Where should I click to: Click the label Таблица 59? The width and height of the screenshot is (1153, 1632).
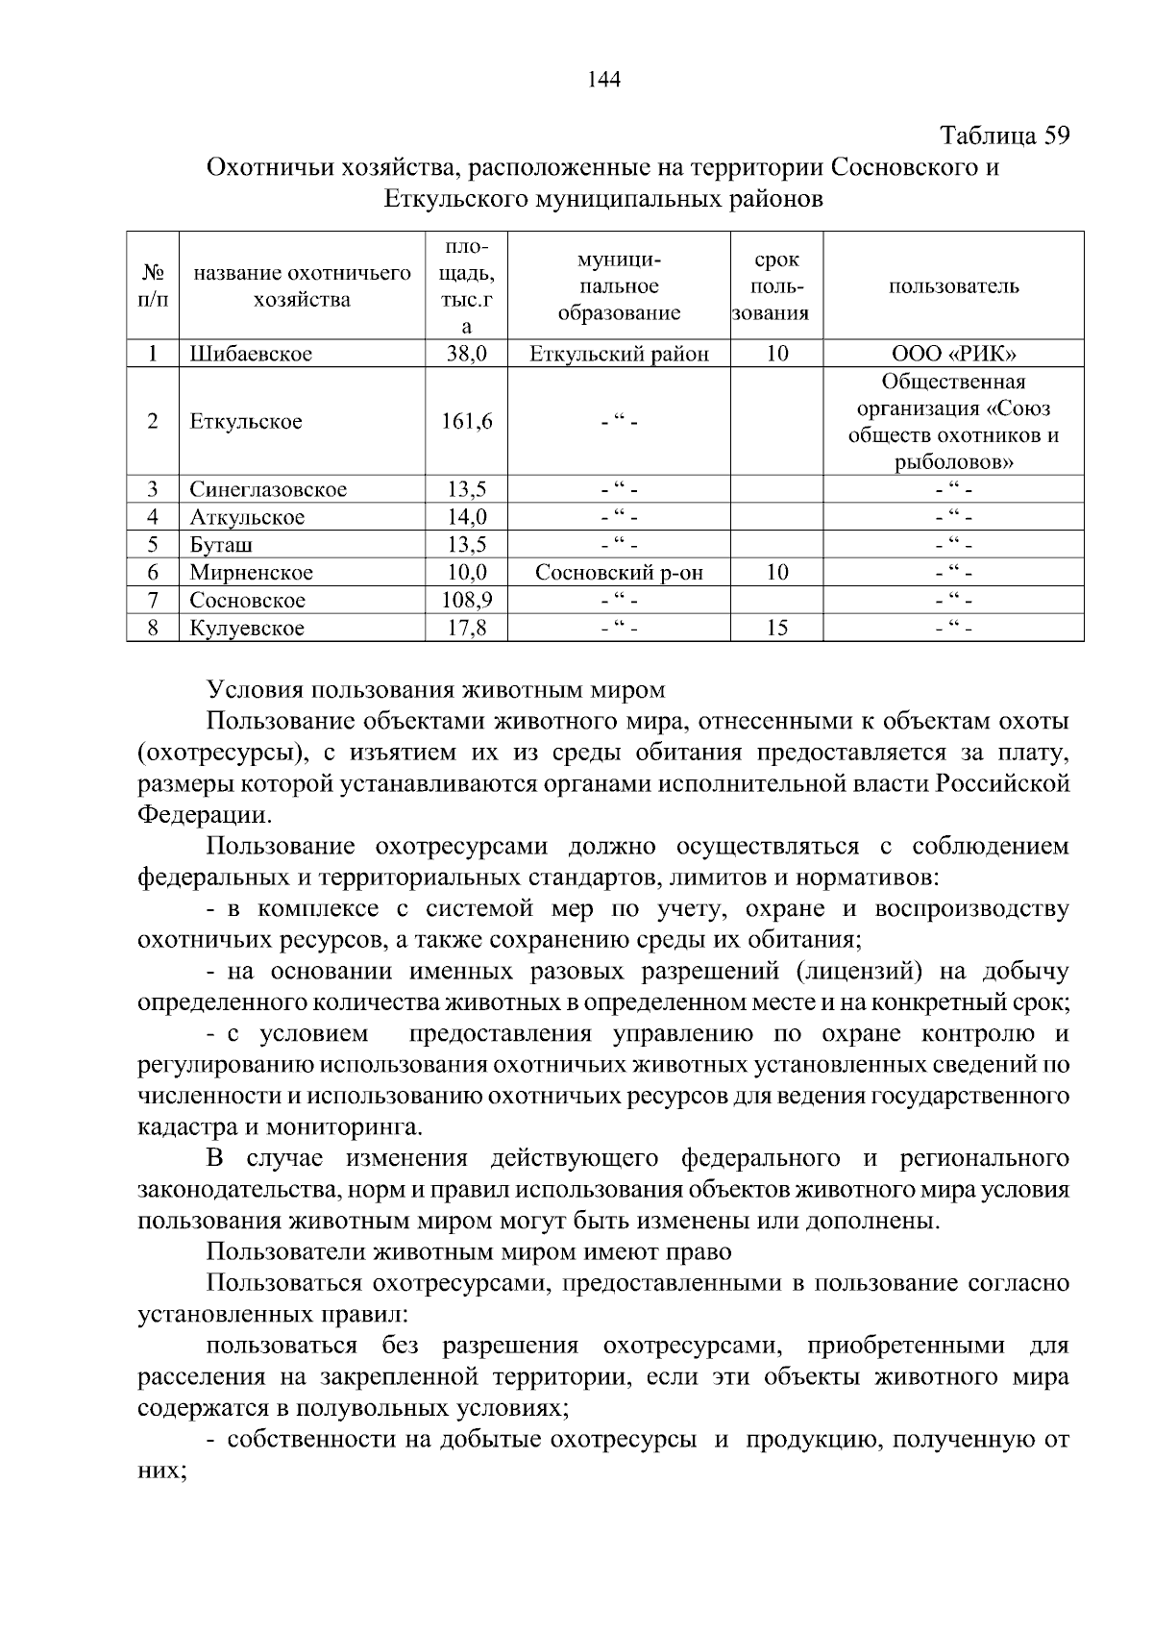[1004, 136]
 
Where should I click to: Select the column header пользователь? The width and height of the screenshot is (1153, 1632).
[953, 286]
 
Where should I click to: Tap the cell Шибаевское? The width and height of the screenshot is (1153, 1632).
[251, 354]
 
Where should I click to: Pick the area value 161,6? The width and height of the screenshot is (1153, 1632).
[466, 421]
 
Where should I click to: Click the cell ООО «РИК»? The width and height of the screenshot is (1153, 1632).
[953, 354]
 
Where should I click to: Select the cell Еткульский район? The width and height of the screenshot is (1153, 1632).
[620, 354]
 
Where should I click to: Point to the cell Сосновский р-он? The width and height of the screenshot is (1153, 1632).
[620, 573]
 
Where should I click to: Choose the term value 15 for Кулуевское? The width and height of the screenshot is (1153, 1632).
[777, 629]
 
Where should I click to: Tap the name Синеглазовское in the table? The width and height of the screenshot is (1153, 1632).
[268, 489]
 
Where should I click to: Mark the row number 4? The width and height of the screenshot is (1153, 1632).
[152, 517]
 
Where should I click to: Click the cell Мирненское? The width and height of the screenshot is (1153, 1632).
[251, 573]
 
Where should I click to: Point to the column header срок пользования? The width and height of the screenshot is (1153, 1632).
[777, 286]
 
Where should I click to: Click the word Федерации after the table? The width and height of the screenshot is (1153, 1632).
[202, 816]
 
